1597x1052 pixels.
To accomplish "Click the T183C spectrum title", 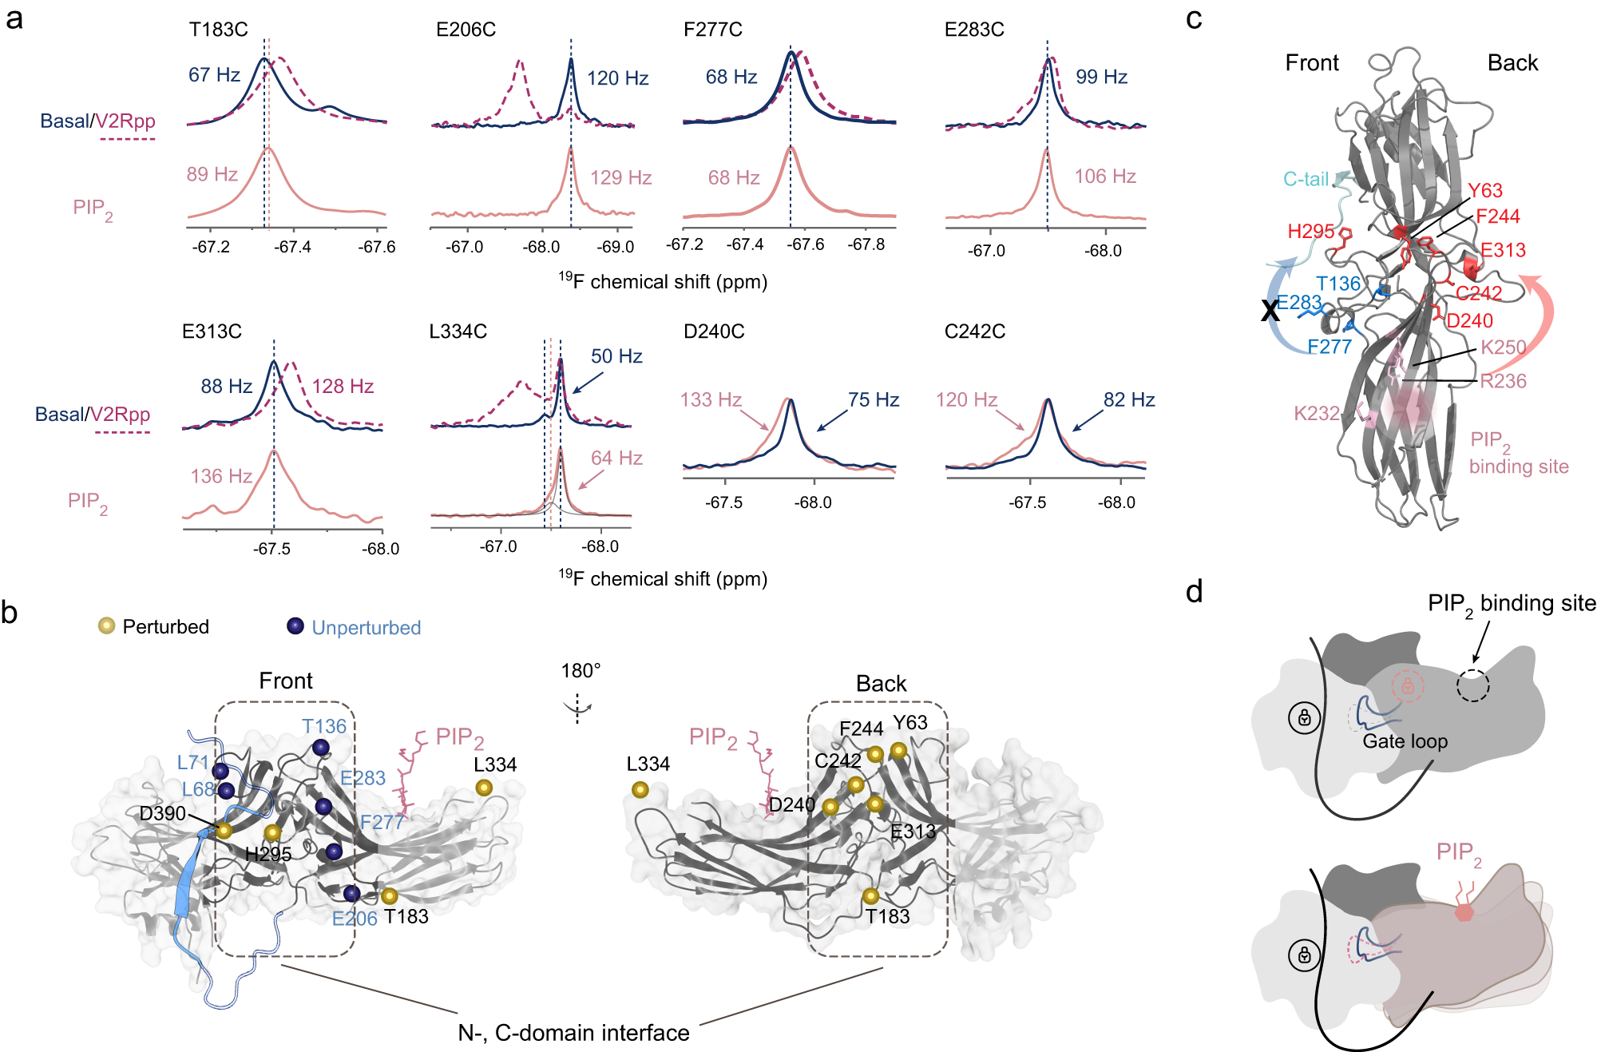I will (x=218, y=30).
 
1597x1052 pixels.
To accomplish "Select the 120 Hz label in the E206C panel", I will (x=617, y=78).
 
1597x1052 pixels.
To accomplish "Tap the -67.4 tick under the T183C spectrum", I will (x=292, y=247).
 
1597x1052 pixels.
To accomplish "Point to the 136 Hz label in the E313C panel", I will (x=221, y=476).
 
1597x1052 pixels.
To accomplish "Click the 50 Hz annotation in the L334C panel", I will (x=616, y=356).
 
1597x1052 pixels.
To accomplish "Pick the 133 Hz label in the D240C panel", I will (x=711, y=399).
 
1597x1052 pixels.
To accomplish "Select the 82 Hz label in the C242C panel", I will (x=1129, y=399).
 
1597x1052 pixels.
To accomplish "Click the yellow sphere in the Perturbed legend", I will (x=106, y=625).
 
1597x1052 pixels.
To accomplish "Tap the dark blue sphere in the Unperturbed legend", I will (x=295, y=625).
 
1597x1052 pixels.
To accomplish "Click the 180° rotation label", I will (x=581, y=671).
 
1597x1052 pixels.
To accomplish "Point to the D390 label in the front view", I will (x=162, y=813).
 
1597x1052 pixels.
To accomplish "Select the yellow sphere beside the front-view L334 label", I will (x=484, y=788).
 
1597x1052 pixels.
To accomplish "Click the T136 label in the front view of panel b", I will (x=324, y=726).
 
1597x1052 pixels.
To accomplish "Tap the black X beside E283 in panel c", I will (x=1270, y=310).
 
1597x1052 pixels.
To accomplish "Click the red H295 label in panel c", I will (x=1310, y=232).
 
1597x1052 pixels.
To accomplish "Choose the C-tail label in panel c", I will (x=1306, y=179).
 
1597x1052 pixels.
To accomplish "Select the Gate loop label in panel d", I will (x=1405, y=741).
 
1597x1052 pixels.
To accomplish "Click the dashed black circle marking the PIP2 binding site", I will (x=1472, y=685).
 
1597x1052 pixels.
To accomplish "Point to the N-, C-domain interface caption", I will (x=573, y=1033).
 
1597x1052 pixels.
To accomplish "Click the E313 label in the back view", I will (x=913, y=832).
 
